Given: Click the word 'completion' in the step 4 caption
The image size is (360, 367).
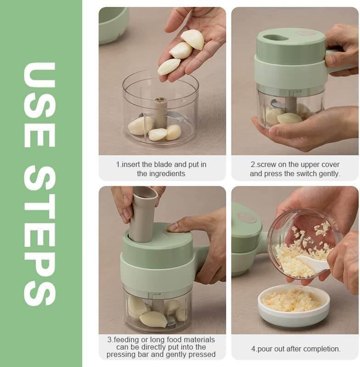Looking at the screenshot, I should point(321,349).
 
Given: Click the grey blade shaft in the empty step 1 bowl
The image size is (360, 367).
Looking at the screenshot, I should point(160,112).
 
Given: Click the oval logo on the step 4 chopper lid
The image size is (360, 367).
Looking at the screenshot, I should point(247,217).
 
